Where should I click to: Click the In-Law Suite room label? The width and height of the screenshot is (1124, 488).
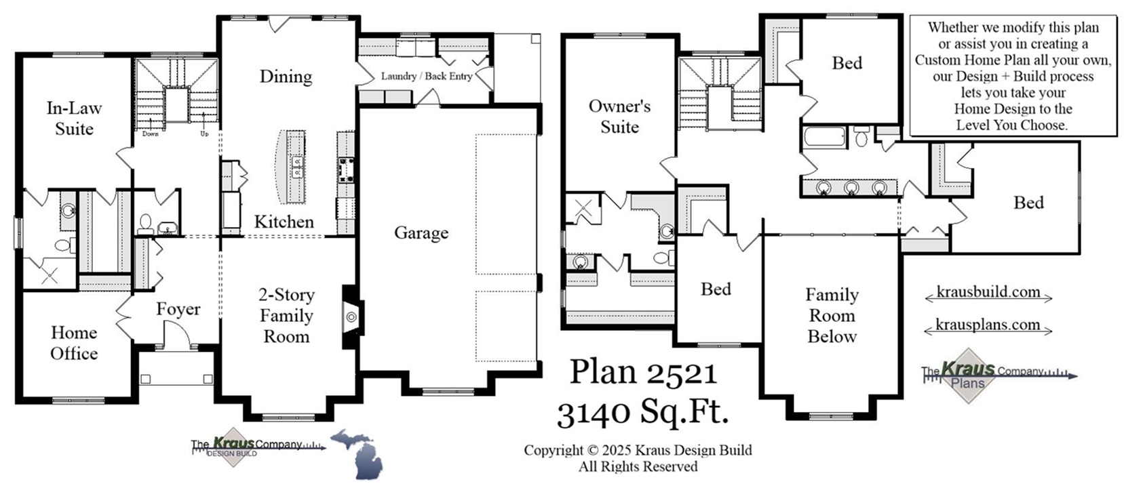[74, 118]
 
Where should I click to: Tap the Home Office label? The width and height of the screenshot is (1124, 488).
[74, 342]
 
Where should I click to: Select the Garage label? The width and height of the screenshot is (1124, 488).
[421, 232]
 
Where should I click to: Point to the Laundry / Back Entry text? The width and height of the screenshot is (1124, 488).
[426, 76]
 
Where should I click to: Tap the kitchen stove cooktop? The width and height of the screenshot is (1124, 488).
[347, 169]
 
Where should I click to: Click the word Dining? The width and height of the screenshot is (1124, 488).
[286, 76]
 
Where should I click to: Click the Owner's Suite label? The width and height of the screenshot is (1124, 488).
[619, 116]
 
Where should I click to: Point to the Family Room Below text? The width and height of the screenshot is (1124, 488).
[832, 315]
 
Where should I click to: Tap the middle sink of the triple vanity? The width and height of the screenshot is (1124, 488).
[851, 187]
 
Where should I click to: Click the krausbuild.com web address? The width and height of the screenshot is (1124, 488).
[988, 292]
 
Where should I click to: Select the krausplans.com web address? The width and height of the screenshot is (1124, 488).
[988, 325]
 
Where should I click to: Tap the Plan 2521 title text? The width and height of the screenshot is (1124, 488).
[643, 371]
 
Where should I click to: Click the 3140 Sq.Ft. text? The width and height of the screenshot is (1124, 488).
[642, 411]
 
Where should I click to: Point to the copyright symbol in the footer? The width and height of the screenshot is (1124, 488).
[592, 450]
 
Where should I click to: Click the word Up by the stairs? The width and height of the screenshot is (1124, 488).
[204, 134]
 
